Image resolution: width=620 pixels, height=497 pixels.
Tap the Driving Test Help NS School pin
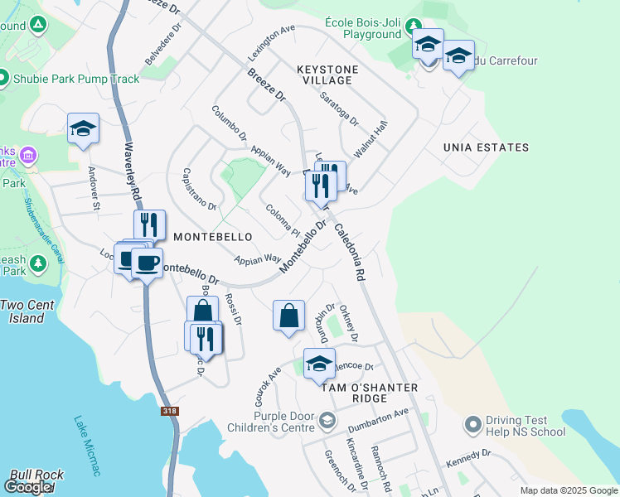[x=473, y=425]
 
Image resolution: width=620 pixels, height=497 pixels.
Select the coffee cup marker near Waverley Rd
[x=147, y=263]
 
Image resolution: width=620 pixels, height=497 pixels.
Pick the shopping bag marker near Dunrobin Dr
[x=288, y=316]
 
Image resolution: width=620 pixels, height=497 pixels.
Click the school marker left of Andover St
[x=83, y=128]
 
